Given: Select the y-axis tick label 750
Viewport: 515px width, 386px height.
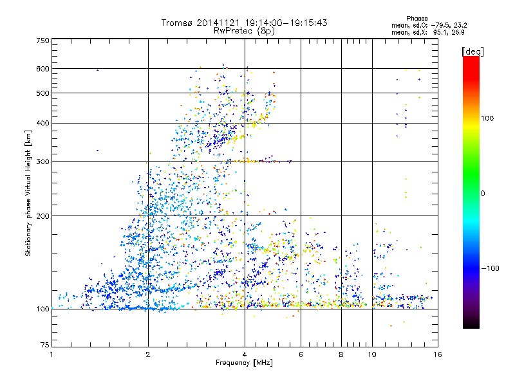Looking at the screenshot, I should coord(42,41).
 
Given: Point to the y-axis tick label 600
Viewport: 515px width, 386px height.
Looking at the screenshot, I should coord(42,69).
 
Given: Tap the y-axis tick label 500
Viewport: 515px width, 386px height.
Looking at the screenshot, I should coord(42,93).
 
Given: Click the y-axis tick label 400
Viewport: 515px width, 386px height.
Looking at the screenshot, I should coord(42,124).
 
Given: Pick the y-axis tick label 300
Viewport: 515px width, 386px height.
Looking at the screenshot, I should coord(42,162).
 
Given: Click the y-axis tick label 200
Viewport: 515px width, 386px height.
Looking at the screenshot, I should coord(42,216).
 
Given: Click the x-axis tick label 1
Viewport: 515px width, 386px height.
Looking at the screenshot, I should coord(51,354).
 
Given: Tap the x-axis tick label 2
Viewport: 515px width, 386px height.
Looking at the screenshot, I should coord(148,354).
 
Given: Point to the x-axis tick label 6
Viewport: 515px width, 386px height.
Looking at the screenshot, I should coord(301,354).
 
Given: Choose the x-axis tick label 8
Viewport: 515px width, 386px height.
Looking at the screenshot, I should coord(341,354).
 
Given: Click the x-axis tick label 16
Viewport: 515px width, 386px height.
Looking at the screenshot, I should coord(437,354).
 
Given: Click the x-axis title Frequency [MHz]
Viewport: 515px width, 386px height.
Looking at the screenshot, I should coord(244,363).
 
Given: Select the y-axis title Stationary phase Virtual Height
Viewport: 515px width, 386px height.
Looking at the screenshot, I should coord(28,193).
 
